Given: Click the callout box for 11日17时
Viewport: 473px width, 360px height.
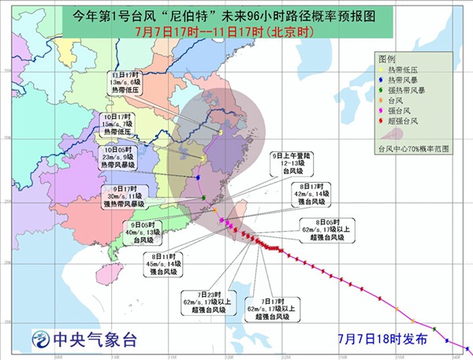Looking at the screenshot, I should point(128,80).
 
